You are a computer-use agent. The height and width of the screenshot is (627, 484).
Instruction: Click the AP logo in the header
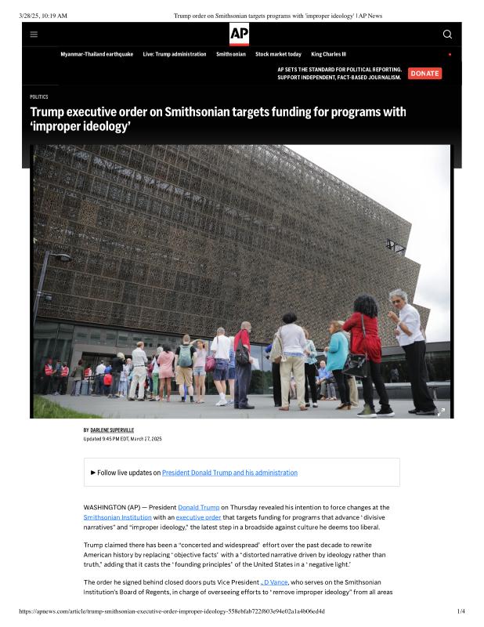(x=239, y=34)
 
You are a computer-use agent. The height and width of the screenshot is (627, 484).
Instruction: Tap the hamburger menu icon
(x=34, y=34)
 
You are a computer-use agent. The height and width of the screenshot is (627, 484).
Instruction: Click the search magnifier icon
(x=447, y=34)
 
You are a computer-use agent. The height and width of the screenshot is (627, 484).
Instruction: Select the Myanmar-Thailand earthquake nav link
(x=97, y=54)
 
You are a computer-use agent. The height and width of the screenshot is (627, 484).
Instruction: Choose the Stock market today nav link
(x=278, y=54)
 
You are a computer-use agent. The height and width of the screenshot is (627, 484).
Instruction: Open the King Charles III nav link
(x=328, y=54)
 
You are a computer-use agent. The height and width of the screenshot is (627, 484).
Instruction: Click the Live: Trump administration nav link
(x=175, y=54)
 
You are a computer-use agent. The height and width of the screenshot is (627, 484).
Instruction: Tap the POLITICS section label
(x=39, y=97)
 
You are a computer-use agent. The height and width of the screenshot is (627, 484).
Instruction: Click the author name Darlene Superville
(x=112, y=430)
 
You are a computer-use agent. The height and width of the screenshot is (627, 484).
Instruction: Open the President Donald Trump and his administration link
(x=229, y=473)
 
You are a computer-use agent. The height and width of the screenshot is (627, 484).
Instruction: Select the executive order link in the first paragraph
(x=198, y=517)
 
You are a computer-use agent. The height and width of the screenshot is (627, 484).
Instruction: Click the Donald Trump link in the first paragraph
(x=198, y=508)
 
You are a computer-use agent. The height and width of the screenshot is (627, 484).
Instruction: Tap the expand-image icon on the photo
(x=441, y=411)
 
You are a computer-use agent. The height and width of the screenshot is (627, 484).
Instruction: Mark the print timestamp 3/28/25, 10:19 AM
(x=43, y=16)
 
